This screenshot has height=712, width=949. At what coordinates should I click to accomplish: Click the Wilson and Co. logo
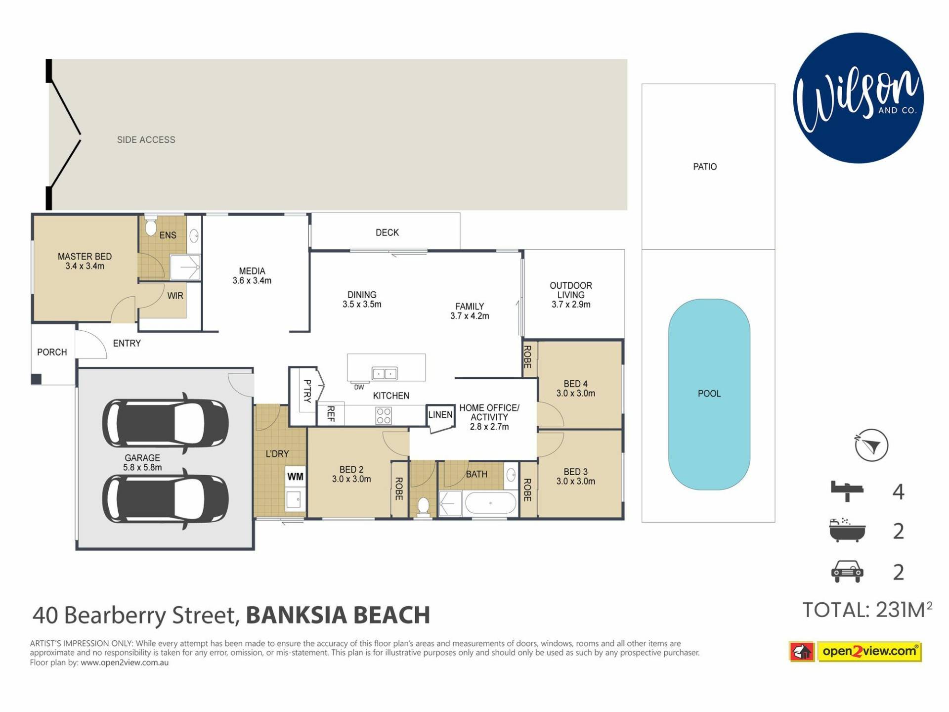(859, 98)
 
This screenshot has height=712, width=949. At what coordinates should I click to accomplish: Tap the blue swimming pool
(709, 394)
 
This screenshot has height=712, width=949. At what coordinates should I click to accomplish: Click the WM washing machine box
(295, 477)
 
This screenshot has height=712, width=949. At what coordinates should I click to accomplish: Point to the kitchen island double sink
(385, 373)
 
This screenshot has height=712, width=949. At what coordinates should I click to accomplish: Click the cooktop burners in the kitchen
(384, 415)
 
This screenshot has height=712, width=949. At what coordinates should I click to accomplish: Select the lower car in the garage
(166, 499)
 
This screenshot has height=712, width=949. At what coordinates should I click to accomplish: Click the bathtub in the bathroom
(491, 503)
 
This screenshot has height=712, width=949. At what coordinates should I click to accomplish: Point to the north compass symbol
(871, 445)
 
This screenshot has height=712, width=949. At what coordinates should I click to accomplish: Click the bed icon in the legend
(847, 491)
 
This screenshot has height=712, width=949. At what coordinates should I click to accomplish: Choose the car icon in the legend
(847, 572)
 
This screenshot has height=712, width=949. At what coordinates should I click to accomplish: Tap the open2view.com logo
(856, 651)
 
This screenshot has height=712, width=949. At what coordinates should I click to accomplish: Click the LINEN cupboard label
(440, 415)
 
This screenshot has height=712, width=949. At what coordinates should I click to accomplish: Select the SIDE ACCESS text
(146, 140)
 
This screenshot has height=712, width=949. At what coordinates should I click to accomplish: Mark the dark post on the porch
(36, 379)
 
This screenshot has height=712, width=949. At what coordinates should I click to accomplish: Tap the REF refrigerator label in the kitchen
(331, 413)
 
